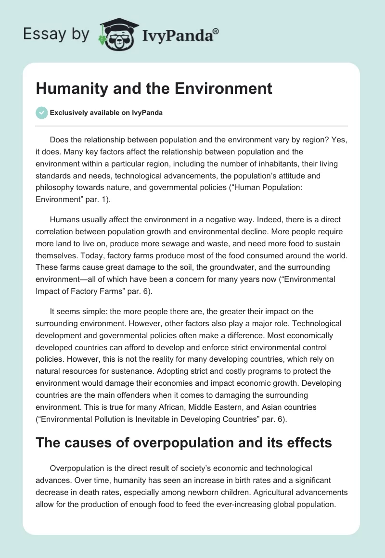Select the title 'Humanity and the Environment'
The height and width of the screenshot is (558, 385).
(x=154, y=89)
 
